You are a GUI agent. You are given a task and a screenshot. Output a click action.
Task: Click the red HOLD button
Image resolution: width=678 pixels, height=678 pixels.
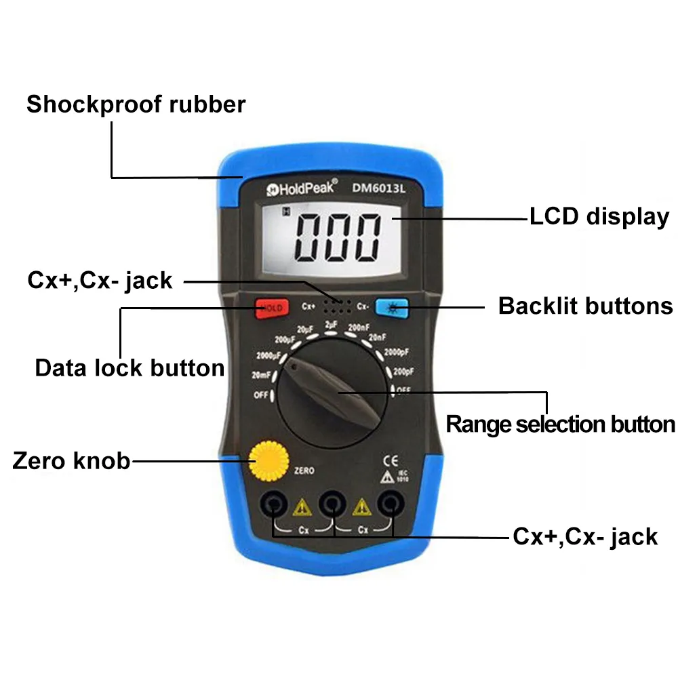coord(272,308)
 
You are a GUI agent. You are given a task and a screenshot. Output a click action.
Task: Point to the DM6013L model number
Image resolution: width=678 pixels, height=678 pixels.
coord(378,190)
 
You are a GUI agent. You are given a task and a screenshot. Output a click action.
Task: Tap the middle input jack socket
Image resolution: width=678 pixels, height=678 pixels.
coord(331,504)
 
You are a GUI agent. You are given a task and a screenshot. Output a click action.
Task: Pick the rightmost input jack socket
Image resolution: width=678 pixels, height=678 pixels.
coord(389,504)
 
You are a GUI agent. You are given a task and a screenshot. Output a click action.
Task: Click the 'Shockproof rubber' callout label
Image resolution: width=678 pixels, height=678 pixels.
coord(136,105)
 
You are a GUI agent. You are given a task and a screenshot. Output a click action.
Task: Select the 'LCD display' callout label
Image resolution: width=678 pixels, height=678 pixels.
coord(599,217)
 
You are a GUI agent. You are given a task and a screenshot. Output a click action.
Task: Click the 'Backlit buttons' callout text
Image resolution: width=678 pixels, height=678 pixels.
coord(585,306)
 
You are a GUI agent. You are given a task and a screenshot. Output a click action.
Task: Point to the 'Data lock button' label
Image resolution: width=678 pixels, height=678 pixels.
coord(129,368)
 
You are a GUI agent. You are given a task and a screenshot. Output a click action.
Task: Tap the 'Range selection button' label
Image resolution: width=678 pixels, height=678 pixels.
coord(560,424)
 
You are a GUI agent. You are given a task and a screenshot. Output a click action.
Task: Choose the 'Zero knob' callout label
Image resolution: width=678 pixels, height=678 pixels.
coord(71,461)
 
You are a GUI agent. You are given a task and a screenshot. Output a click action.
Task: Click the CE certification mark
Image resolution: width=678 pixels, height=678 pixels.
coord(391,456)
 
